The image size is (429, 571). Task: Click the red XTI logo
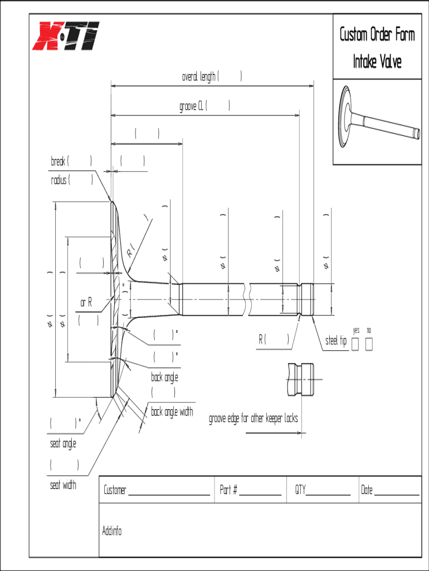pyautogui.click(x=66, y=36)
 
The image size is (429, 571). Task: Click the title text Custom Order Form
pyautogui.click(x=377, y=35)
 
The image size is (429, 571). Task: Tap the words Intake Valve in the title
pyautogui.click(x=377, y=61)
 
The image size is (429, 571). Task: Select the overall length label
pyautogui.click(x=199, y=77)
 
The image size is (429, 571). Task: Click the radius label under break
pyautogui.click(x=59, y=180)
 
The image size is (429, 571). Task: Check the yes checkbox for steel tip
pyautogui.click(x=355, y=345)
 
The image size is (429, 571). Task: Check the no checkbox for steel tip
pyautogui.click(x=369, y=345)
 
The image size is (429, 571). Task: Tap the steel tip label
pyautogui.click(x=336, y=341)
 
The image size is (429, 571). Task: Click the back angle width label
pyautogui.click(x=172, y=412)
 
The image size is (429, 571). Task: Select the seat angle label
pyautogui.click(x=63, y=444)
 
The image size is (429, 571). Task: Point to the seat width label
pyautogui.click(x=63, y=485)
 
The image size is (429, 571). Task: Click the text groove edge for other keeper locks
pyautogui.click(x=253, y=419)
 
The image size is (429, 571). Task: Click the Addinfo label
pyautogui.click(x=112, y=530)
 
